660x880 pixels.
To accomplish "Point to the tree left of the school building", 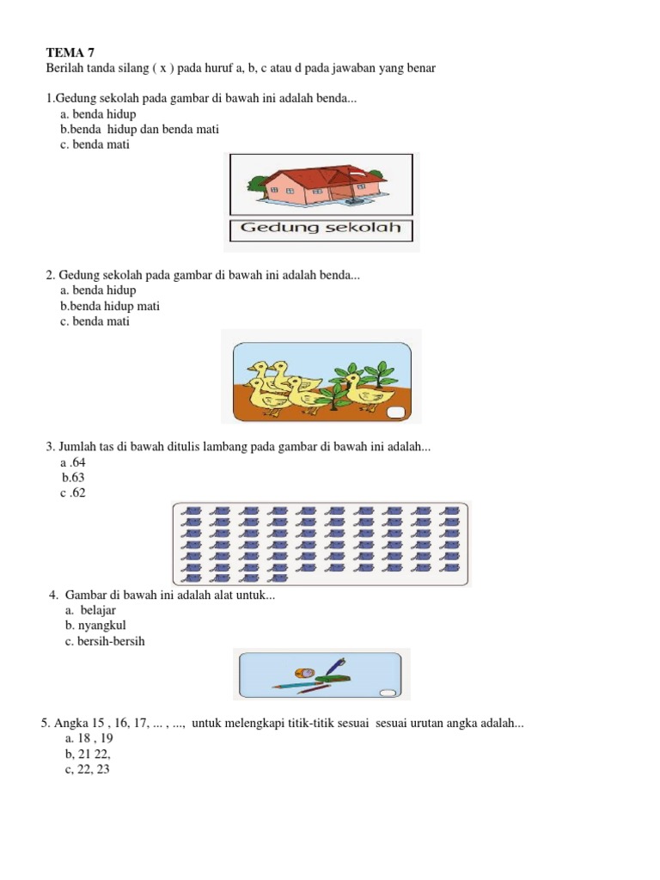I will tap(257, 181).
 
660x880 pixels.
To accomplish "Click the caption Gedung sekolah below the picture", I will tap(321, 229).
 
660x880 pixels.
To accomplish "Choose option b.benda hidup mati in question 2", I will tap(109, 306).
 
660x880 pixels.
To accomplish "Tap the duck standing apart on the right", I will tap(370, 395).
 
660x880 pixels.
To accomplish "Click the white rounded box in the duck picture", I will tap(397, 413).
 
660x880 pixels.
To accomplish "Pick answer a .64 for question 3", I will tap(73, 462).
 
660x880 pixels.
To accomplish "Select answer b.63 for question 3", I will tap(73, 477).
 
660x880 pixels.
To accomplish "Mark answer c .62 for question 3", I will tap(73, 492).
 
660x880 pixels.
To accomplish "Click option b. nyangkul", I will tap(95, 626).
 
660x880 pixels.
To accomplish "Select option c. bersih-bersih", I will tap(105, 641).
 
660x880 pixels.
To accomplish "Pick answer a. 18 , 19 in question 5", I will tap(89, 738).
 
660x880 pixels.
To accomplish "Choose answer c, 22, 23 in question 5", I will tap(87, 769).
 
